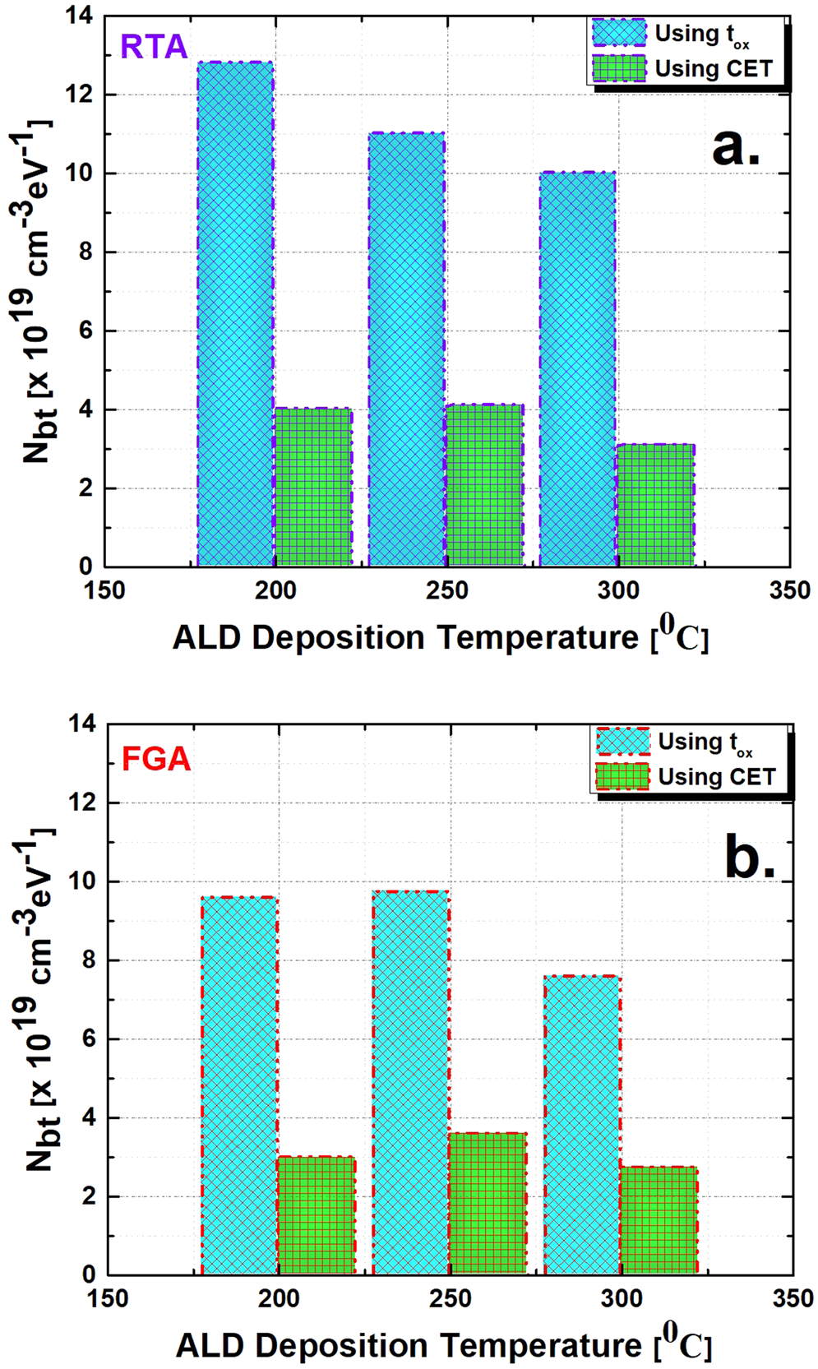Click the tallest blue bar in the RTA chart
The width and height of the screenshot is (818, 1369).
(235, 312)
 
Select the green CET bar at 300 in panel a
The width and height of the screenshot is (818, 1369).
(655, 505)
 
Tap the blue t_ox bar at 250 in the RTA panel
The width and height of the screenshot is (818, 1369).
(406, 349)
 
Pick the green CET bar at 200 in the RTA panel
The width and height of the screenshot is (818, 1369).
(313, 487)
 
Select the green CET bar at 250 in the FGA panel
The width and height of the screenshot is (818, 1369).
(488, 1204)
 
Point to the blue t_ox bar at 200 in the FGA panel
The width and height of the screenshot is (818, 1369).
(239, 1085)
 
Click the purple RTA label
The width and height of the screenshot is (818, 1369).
(154, 47)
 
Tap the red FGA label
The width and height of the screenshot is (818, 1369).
(156, 757)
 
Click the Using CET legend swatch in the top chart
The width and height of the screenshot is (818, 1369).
(619, 69)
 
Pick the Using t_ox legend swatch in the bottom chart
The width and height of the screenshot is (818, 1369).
(622, 742)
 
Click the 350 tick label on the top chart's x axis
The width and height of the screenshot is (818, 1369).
(789, 590)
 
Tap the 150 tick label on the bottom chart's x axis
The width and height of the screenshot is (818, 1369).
(108, 1299)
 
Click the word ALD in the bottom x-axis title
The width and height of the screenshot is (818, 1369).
(210, 1347)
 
